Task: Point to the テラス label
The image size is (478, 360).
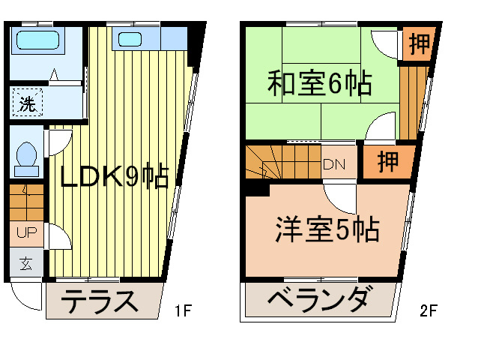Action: (x=100, y=302)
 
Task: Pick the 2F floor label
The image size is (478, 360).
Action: (x=428, y=309)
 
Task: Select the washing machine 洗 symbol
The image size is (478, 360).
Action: (x=26, y=104)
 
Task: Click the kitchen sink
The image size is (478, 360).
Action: (x=130, y=39)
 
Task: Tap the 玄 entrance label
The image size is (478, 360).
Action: (x=26, y=263)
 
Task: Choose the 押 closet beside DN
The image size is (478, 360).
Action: (x=387, y=162)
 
